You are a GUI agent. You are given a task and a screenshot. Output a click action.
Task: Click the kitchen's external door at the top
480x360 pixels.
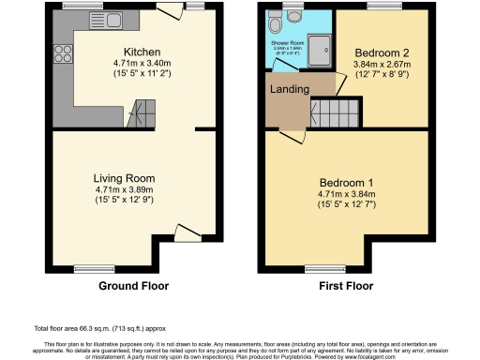click(x=171, y=10)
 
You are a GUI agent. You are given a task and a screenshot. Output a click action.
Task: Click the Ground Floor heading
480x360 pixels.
click(x=132, y=285)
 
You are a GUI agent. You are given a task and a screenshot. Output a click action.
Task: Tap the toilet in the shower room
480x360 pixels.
click(x=295, y=16)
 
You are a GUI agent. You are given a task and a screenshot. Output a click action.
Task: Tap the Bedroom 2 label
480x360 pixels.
click(x=378, y=52)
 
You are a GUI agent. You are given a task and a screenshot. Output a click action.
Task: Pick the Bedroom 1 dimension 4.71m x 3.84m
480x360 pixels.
click(x=347, y=193)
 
